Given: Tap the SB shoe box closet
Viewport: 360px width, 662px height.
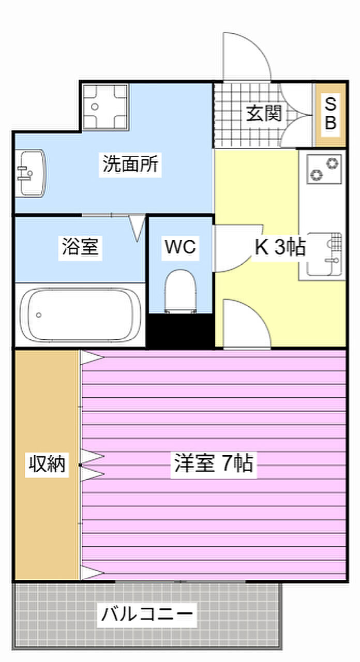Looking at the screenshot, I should click(x=331, y=114).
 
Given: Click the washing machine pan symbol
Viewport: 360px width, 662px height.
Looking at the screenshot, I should click(x=106, y=107).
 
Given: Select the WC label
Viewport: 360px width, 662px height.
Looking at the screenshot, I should click(x=180, y=247).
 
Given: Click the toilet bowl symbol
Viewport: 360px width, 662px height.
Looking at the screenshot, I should click(x=180, y=291).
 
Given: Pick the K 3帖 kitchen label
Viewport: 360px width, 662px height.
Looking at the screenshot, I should click(x=279, y=248).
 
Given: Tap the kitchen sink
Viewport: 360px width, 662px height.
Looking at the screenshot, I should click(x=323, y=253).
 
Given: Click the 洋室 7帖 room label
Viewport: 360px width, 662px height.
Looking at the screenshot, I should click(x=213, y=463).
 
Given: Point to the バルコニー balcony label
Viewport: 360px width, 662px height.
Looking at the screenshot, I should click(x=147, y=615).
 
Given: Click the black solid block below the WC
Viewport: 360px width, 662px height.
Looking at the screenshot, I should click(x=181, y=331).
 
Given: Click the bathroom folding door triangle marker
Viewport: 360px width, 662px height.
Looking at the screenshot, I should click(x=137, y=228).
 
